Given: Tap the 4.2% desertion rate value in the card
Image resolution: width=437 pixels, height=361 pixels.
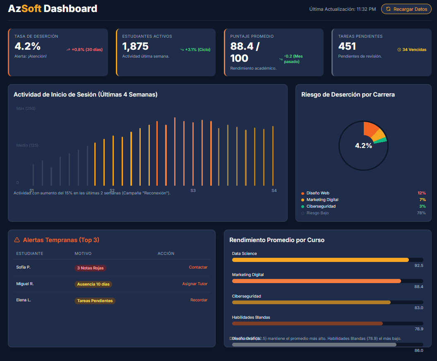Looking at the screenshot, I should pyautogui.click(x=28, y=46).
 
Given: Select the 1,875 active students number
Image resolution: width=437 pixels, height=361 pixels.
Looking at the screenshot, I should pyautogui.click(x=135, y=46).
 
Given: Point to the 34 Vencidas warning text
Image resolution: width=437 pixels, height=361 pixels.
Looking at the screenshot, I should pyautogui.click(x=412, y=50).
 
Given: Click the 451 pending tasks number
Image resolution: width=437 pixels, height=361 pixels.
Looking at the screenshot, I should pyautogui.click(x=347, y=46).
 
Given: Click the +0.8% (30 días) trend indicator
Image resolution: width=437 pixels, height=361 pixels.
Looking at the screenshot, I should pyautogui.click(x=84, y=50).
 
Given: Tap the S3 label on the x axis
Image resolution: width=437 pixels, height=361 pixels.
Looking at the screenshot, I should pyautogui.click(x=193, y=190).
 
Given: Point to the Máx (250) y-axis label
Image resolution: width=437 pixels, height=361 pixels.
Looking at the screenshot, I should pyautogui.click(x=26, y=109).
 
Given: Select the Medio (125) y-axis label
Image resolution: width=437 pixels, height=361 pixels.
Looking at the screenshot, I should pyautogui.click(x=27, y=145).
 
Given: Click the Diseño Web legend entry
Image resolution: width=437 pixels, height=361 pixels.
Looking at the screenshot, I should pyautogui.click(x=317, y=193).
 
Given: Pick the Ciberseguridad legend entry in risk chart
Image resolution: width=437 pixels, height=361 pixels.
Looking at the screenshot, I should pyautogui.click(x=321, y=206).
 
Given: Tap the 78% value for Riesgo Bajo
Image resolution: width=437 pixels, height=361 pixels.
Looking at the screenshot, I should pyautogui.click(x=421, y=213).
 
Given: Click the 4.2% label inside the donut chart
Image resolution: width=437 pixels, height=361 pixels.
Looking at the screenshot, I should pyautogui.click(x=363, y=146).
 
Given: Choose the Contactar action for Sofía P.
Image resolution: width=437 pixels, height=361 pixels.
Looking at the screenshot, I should pyautogui.click(x=198, y=267).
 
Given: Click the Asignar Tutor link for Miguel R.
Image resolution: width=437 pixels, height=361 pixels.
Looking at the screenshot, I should pyautogui.click(x=194, y=284).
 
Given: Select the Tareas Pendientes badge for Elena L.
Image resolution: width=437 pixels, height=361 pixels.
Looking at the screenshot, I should pyautogui.click(x=95, y=301).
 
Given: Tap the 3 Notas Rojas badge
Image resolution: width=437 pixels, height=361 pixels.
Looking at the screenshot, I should pyautogui.click(x=90, y=268).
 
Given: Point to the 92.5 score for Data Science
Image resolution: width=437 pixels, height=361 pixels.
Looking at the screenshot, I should pyautogui.click(x=418, y=265).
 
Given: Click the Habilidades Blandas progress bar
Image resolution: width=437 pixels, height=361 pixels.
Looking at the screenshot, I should pyautogui.click(x=307, y=323).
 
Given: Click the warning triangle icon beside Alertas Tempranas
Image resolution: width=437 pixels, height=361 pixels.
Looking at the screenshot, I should pyautogui.click(x=17, y=240).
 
